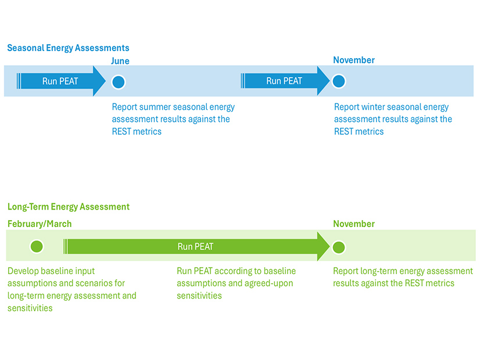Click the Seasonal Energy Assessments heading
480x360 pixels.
(68, 48)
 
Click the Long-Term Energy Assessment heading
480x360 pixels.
(68, 207)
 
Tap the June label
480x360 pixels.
(120, 61)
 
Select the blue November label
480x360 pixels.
(354, 60)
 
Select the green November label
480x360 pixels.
(354, 224)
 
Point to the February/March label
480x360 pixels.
(40, 224)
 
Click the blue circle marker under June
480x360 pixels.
(119, 82)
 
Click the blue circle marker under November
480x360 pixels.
(339, 81)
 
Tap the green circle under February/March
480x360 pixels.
(36, 247)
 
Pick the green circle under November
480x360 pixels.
(339, 247)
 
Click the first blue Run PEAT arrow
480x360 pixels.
(60, 81)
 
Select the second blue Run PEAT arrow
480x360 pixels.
(284, 81)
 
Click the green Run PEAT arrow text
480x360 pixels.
(195, 247)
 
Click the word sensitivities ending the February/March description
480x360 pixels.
(30, 308)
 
